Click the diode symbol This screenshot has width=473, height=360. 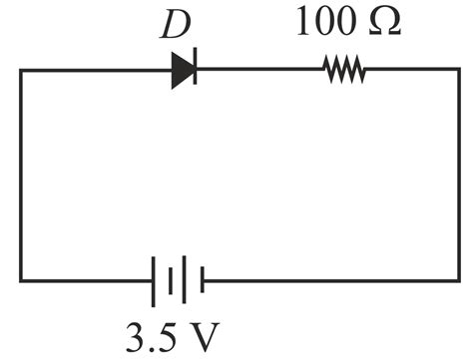tap(183, 71)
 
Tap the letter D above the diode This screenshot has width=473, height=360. tap(176, 27)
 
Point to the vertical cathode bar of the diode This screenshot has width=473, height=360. tap(194, 71)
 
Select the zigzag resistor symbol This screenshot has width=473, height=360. tap(343, 71)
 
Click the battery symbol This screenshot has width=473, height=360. tap(178, 280)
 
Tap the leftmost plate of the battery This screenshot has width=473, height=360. tap(153, 280)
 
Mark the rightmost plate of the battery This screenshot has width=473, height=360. tap(203, 280)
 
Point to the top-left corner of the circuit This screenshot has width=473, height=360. tap(21, 71)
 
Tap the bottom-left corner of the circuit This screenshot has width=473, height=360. tap(21, 280)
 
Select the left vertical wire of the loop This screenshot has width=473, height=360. tap(21, 176)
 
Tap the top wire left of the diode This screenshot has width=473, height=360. tap(96, 71)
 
